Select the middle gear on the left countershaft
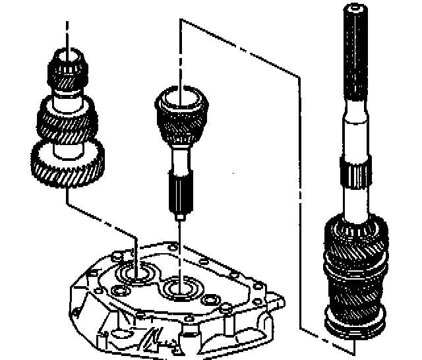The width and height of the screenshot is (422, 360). click(x=67, y=119)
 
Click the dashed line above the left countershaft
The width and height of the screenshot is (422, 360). click(x=66, y=33)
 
